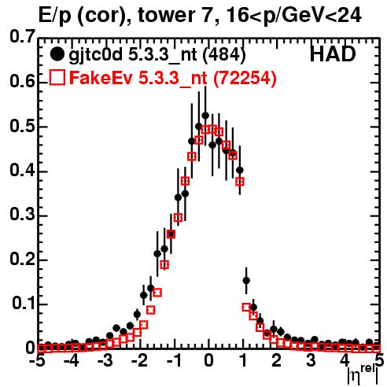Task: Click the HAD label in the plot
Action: [x=333, y=54]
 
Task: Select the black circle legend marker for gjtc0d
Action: [x=57, y=54]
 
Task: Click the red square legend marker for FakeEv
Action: [x=57, y=77]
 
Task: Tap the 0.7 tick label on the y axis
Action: [x=22, y=36]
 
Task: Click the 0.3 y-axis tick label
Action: [x=22, y=214]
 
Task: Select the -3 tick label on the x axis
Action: [x=105, y=361]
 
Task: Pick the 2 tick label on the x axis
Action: [x=277, y=361]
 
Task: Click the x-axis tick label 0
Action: [x=208, y=361]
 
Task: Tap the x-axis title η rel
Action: [x=363, y=374]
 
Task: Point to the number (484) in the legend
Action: [x=224, y=55]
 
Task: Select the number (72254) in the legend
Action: [x=245, y=78]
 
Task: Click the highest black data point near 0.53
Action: [x=205, y=116]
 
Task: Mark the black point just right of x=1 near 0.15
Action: [x=246, y=281]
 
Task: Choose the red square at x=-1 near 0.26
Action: [x=171, y=234]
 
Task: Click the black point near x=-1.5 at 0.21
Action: [x=157, y=254]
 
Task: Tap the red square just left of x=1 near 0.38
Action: [x=240, y=182]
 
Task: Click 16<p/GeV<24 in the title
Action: [x=293, y=16]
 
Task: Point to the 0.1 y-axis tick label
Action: [x=23, y=303]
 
